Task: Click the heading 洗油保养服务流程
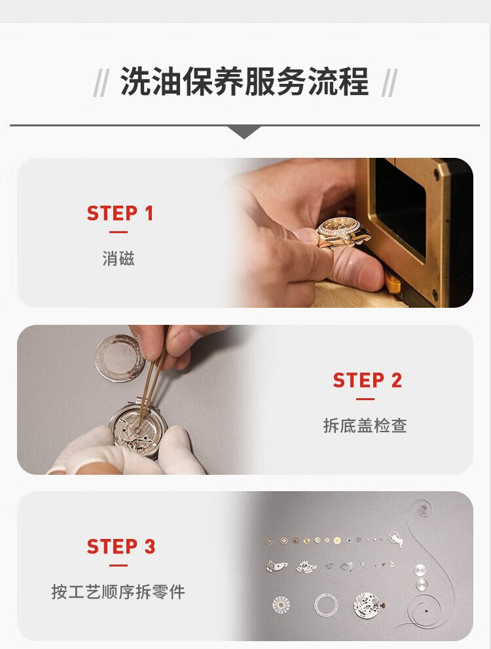pyautogui.click(x=244, y=82)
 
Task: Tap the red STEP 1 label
pyautogui.click(x=120, y=213)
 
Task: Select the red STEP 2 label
pyautogui.click(x=367, y=380)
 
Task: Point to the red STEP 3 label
pyautogui.click(x=120, y=547)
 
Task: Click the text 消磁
pyautogui.click(x=118, y=259)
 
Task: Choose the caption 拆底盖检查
pyautogui.click(x=365, y=426)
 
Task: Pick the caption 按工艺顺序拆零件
pyautogui.click(x=118, y=592)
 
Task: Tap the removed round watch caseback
pyautogui.click(x=119, y=358)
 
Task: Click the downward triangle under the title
pyautogui.click(x=244, y=132)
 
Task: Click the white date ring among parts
pyautogui.click(x=326, y=605)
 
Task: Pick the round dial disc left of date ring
pyautogui.click(x=281, y=605)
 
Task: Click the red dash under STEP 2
pyautogui.click(x=365, y=399)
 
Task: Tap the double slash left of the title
pyautogui.click(x=101, y=83)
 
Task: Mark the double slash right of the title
pyautogui.click(x=389, y=83)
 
